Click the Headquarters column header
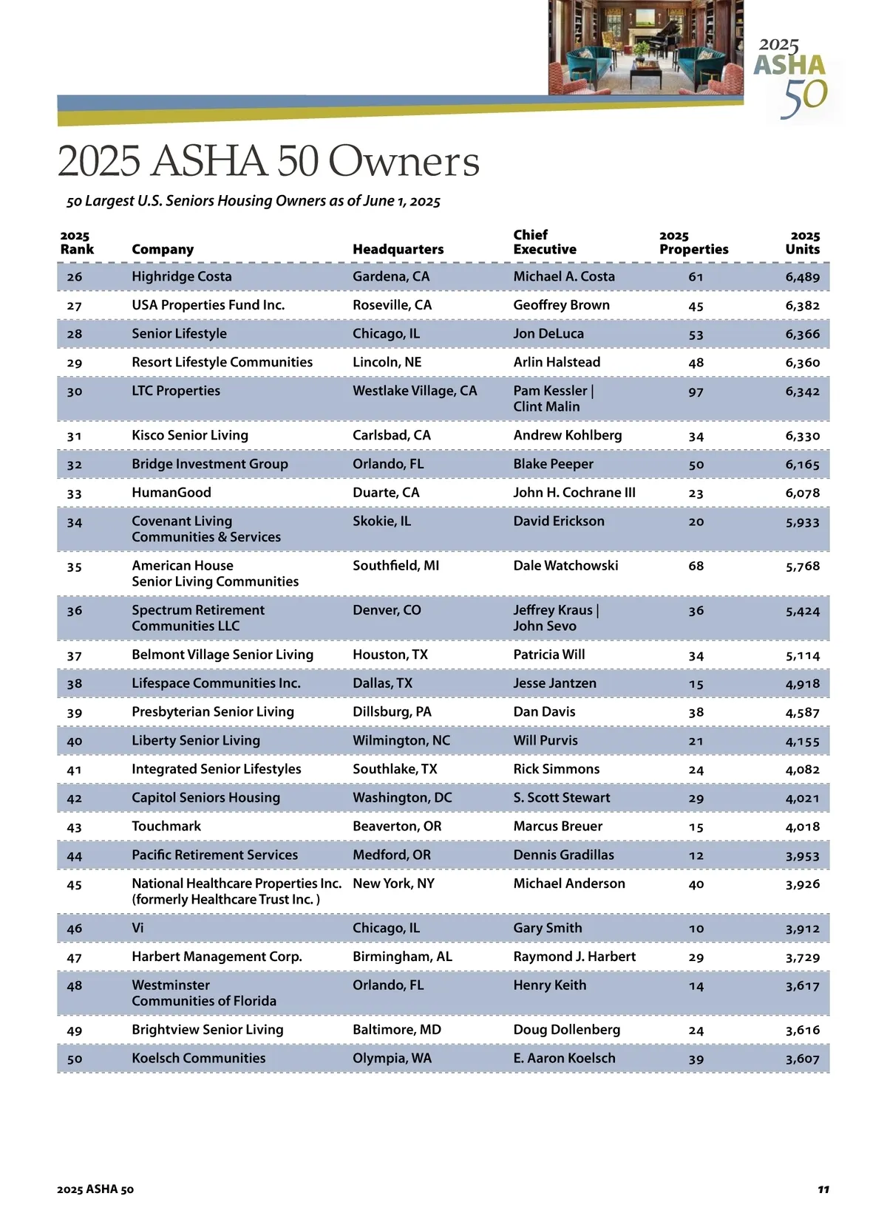tap(398, 250)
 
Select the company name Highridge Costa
tap(182, 276)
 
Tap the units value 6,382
tap(802, 305)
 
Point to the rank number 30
tap(75, 392)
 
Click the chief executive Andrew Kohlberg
tap(567, 435)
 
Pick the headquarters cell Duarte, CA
tap(386, 493)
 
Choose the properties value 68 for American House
tap(696, 566)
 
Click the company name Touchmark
tap(166, 826)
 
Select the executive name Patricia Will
tap(548, 655)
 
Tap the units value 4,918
tap(802, 683)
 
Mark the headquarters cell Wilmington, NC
tap(401, 740)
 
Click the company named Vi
tap(138, 928)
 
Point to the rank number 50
tap(75, 1059)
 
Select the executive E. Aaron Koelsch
tap(564, 1058)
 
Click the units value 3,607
tap(802, 1059)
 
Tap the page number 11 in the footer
tap(823, 1189)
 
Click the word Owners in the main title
tap(404, 161)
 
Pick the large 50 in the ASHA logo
tap(804, 98)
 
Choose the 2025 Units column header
tap(803, 242)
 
